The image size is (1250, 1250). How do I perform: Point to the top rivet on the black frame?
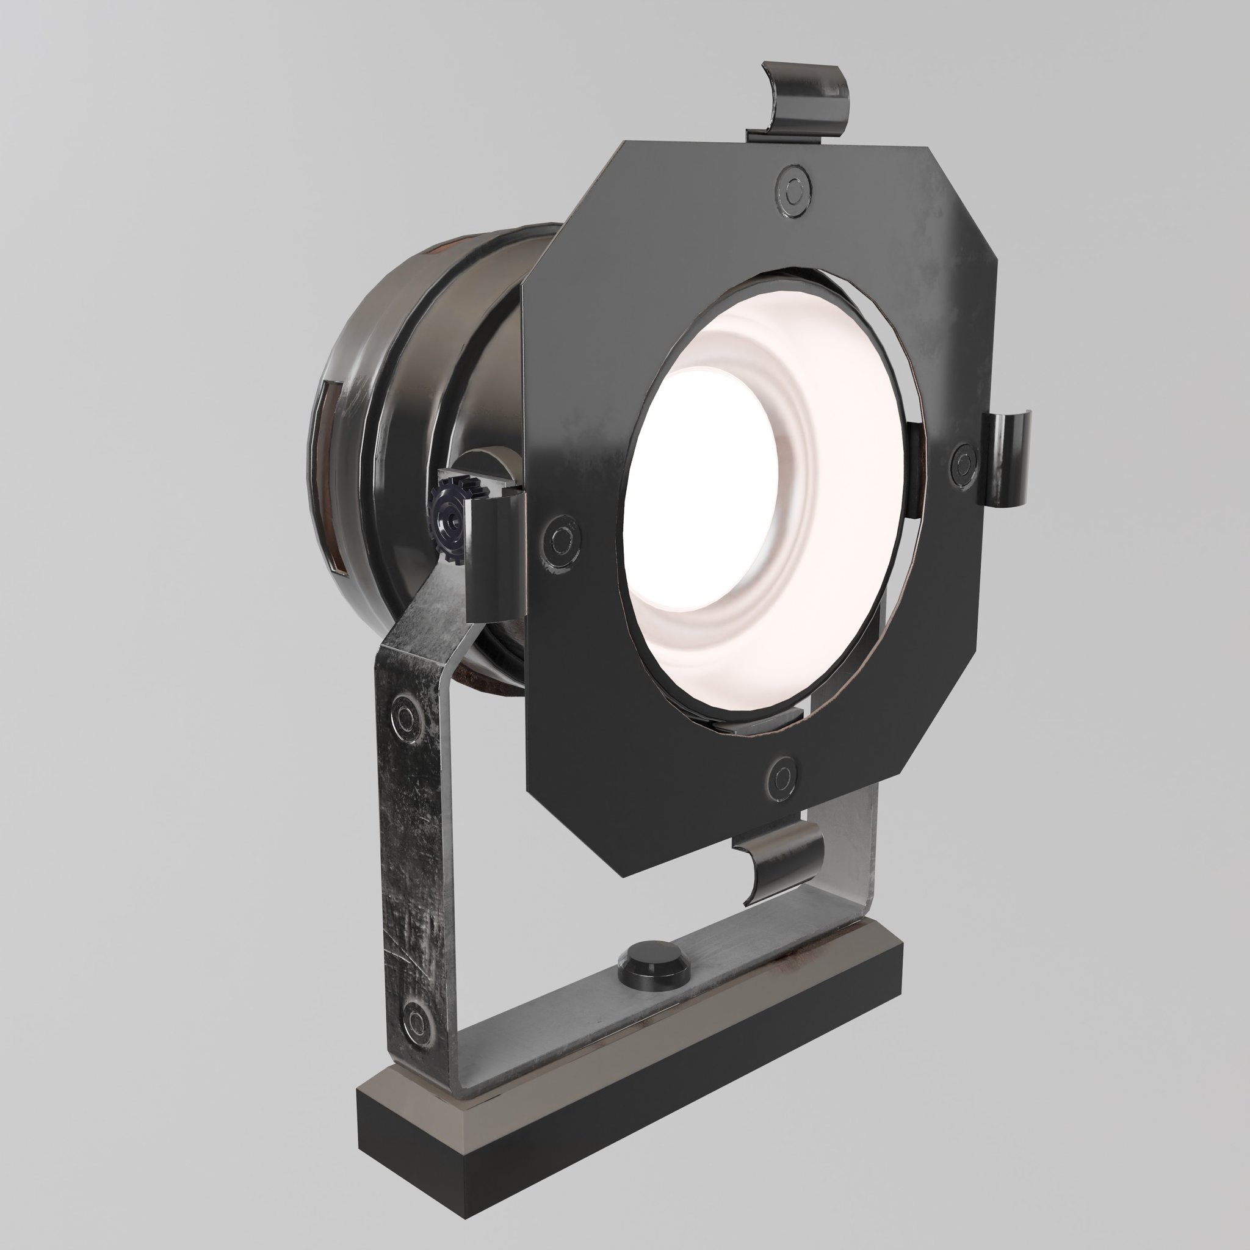click(793, 190)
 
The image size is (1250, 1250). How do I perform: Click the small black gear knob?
click(448, 518)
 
